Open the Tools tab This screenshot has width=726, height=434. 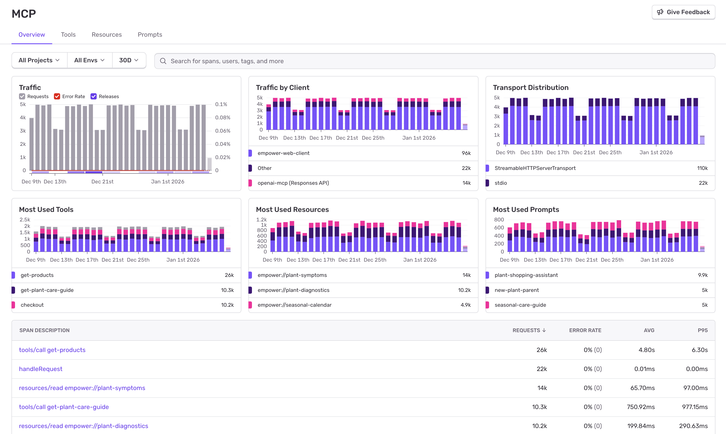click(68, 34)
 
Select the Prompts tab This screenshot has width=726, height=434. click(150, 34)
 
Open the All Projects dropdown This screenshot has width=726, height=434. click(39, 60)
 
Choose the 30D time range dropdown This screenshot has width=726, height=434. click(129, 60)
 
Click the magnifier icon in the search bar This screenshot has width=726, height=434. click(163, 61)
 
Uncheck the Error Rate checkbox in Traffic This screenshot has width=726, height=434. click(57, 97)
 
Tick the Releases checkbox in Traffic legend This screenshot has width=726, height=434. click(93, 97)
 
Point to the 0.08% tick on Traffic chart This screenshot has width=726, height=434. click(223, 118)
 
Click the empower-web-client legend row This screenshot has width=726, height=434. click(283, 153)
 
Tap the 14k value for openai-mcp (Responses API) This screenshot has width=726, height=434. click(466, 183)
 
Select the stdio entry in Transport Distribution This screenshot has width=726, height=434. click(501, 183)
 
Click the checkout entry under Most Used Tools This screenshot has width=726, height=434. click(32, 305)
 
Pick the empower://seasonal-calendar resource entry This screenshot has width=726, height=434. click(295, 305)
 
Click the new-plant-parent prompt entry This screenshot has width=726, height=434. click(516, 290)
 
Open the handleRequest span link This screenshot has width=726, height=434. click(41, 369)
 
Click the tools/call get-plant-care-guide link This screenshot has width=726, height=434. click(64, 407)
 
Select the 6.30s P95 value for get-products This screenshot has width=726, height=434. click(700, 350)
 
